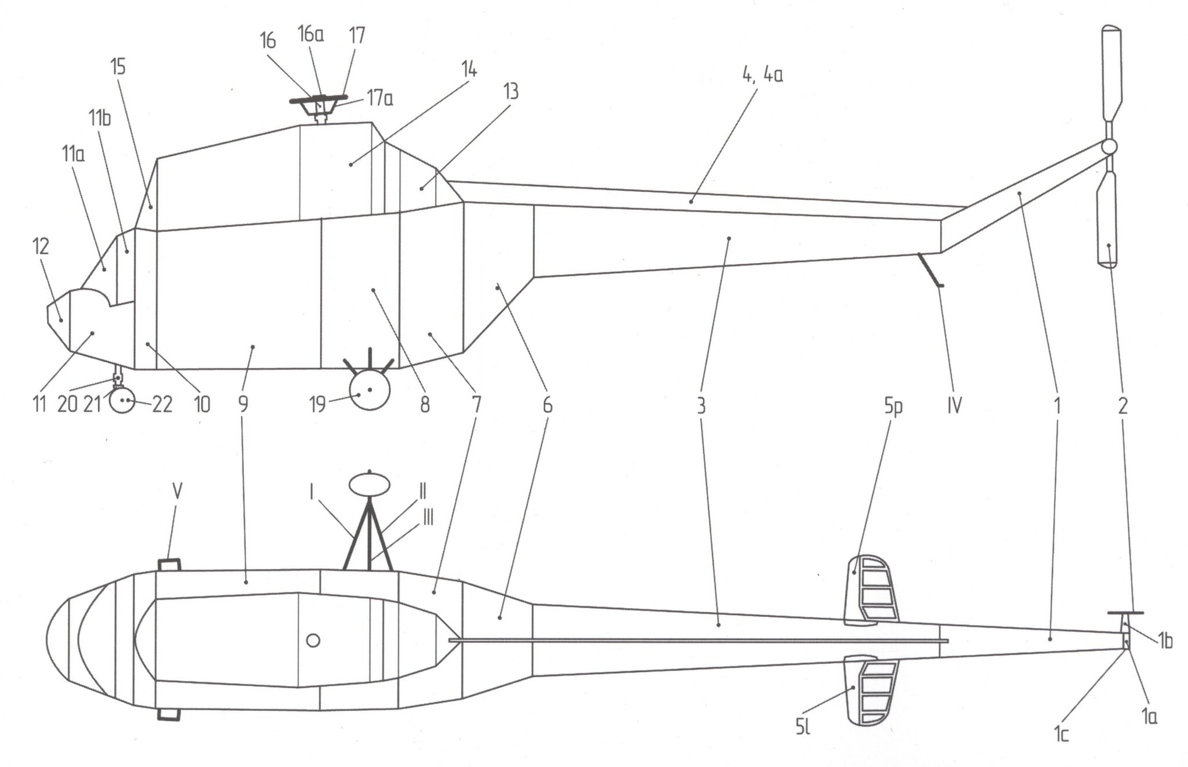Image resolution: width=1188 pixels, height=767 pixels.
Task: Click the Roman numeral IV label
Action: point(954,406)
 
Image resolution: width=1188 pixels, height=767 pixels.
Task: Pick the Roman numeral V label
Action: point(178,492)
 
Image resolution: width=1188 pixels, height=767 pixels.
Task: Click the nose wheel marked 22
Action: point(122,399)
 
